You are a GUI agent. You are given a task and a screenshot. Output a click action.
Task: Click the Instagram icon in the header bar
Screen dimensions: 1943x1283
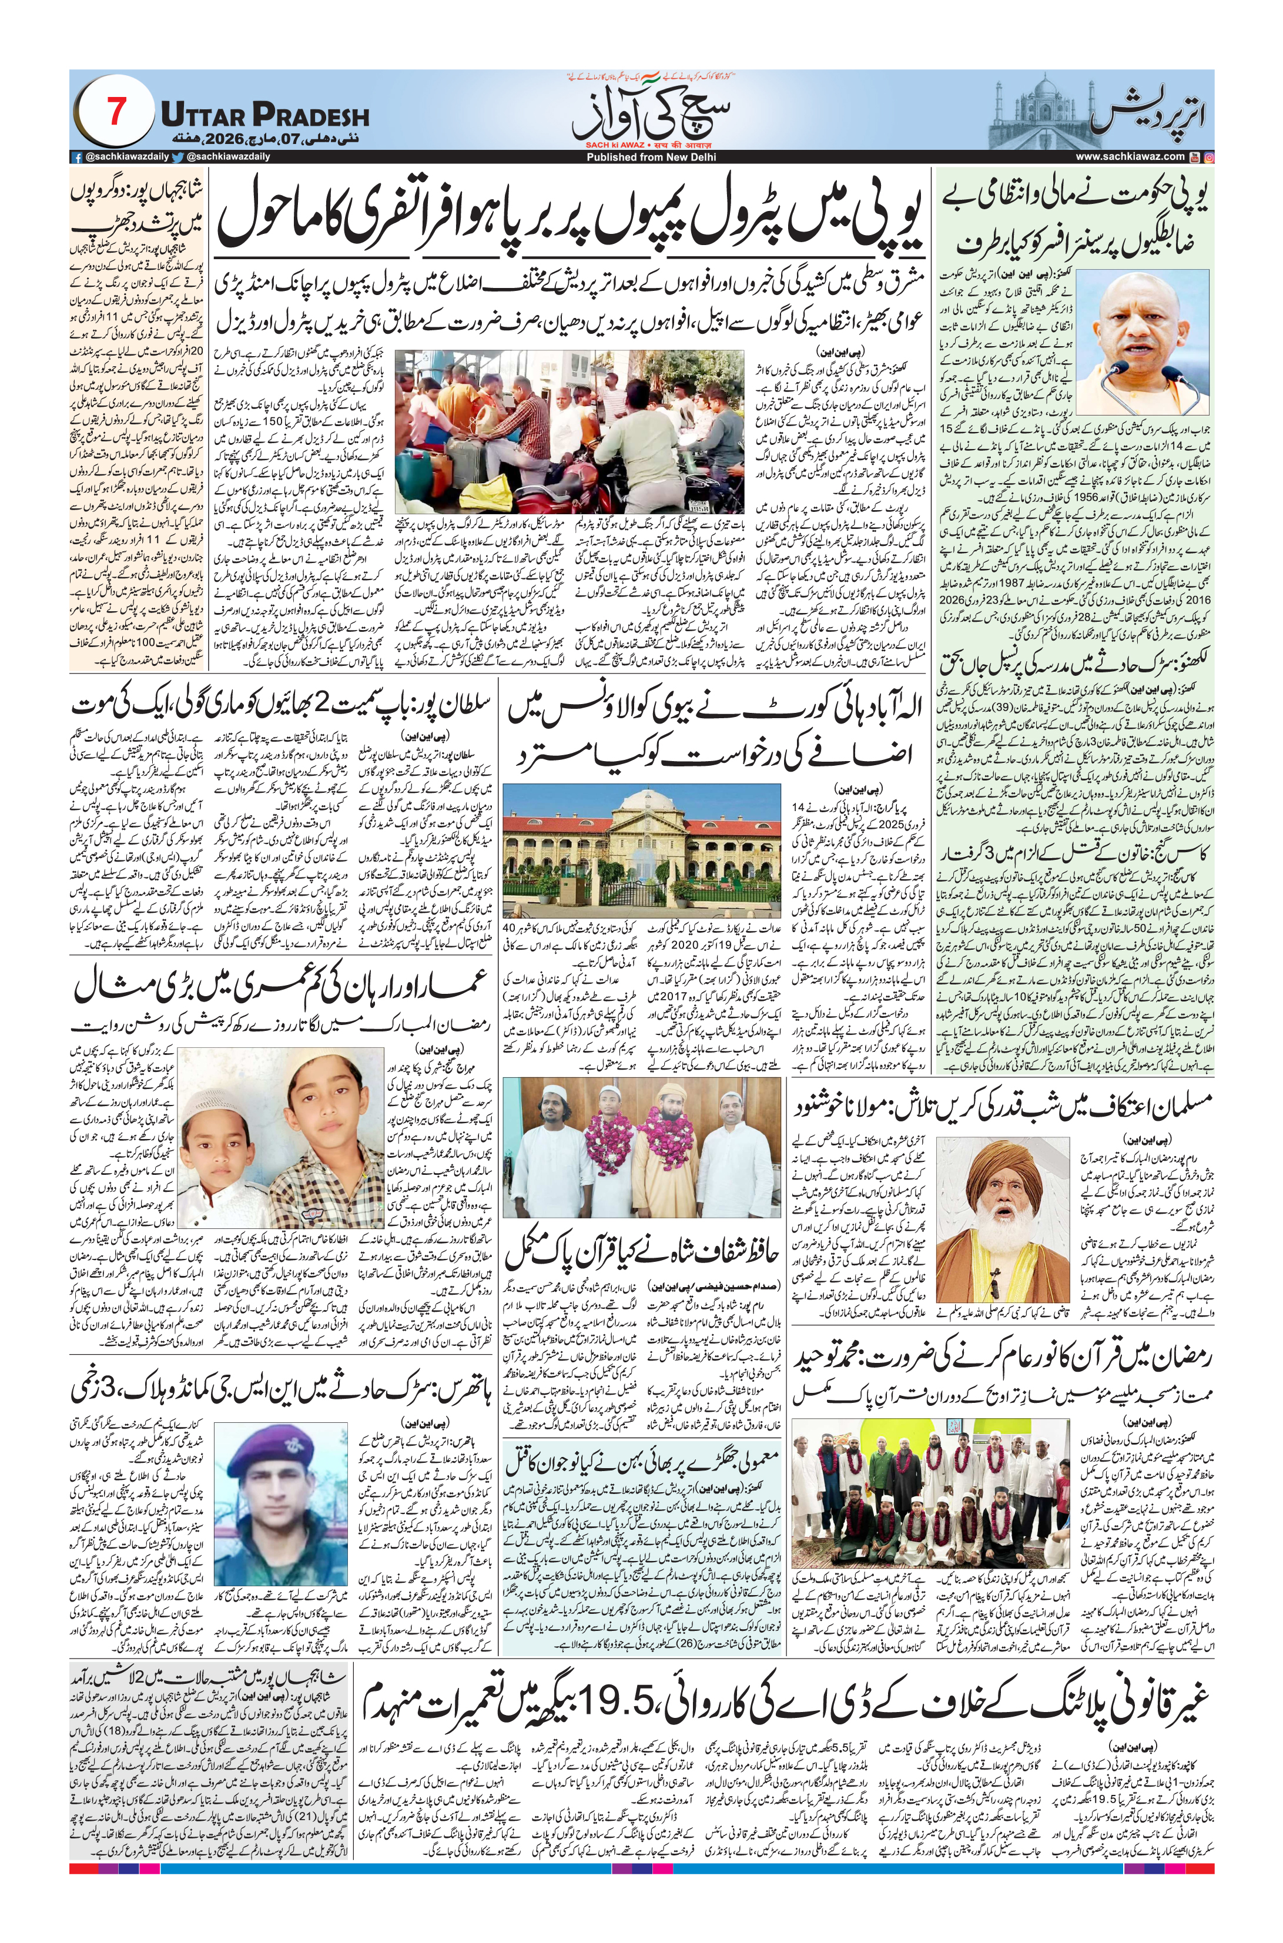point(1208,156)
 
